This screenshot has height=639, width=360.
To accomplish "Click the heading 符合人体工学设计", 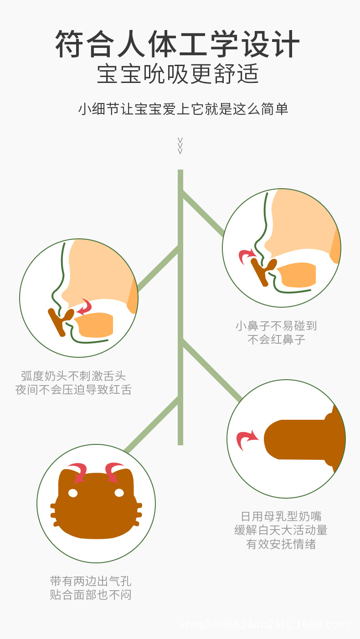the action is pos(178,44).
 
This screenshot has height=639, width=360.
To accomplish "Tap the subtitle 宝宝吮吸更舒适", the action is pos(178,74).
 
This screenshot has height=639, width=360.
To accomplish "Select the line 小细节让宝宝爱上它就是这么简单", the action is pos(183,109).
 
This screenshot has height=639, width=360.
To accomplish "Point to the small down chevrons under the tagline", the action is pos(180,145).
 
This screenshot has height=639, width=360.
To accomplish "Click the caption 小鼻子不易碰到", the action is pos(276,326).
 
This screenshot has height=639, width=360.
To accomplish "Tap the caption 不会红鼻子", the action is pos(276,340).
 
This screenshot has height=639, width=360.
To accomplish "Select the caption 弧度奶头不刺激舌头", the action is pos(73,376).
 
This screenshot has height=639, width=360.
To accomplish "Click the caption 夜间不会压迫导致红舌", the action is pos(73,390).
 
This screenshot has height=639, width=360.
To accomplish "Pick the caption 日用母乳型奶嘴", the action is pos(281,516).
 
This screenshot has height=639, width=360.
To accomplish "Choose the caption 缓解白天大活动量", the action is pos(281,530).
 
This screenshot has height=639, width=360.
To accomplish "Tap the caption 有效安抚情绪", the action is pos(281,544).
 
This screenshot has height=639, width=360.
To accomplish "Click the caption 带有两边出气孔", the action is pos(91,581).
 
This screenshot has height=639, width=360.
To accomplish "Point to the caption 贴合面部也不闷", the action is pos(91,595).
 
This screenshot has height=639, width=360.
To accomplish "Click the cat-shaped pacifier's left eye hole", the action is pos(73,493).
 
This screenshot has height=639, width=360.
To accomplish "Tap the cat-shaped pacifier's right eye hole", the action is pos(119,493).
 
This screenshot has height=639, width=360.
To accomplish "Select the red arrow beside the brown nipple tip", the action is pos(247,440).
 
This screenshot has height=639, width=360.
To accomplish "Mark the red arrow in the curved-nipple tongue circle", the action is pos(84,307).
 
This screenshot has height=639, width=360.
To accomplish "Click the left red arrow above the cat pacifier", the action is pos(78,471).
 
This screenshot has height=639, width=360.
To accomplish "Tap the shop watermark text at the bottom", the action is pos(264,624).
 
